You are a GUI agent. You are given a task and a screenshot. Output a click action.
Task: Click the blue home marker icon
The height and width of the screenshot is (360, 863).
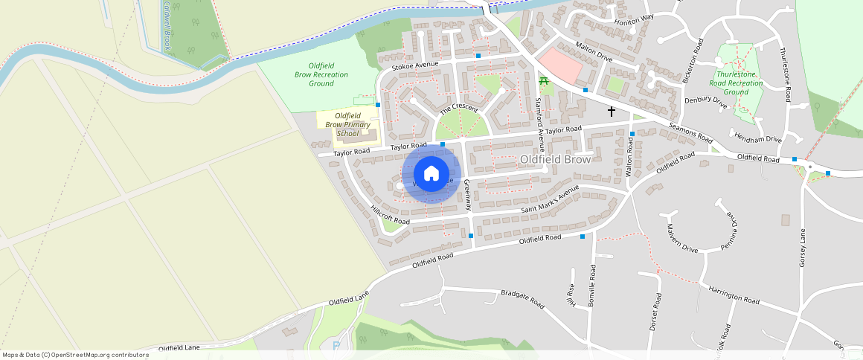(x=431, y=174)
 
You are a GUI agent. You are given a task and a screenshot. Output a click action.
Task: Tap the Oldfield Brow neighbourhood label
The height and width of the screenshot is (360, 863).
(x=555, y=159)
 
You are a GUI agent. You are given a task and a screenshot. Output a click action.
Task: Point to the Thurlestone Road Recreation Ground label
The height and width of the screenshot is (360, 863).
(x=739, y=83)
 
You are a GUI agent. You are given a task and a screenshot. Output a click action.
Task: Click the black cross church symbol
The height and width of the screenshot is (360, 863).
(x=612, y=112)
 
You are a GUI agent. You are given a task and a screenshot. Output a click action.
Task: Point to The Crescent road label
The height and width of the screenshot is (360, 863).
(x=458, y=109)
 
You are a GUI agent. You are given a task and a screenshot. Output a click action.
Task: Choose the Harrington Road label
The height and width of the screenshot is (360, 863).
(x=734, y=294)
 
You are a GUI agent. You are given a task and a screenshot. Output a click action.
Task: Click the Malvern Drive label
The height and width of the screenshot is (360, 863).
(x=682, y=238)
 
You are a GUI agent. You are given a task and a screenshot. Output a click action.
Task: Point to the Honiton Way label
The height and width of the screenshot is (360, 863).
(x=634, y=17)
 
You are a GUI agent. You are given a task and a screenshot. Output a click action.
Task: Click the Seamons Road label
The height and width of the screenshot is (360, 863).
(x=691, y=133)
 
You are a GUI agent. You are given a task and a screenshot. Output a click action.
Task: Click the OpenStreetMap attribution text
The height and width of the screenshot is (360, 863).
(x=75, y=355)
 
